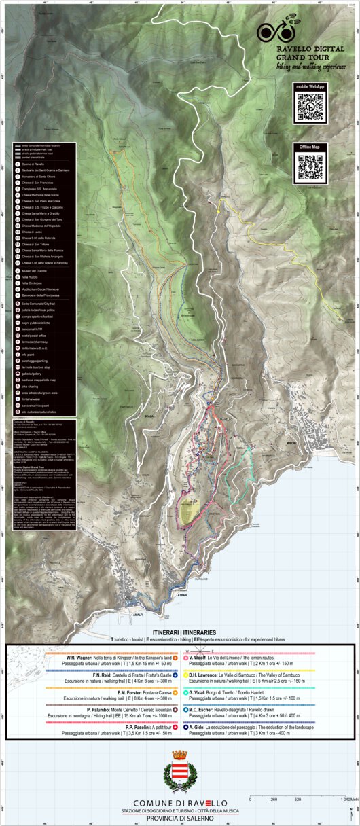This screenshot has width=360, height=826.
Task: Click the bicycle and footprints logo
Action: click(276, 31)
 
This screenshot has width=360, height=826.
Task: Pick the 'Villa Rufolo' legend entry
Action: click(31, 276)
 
